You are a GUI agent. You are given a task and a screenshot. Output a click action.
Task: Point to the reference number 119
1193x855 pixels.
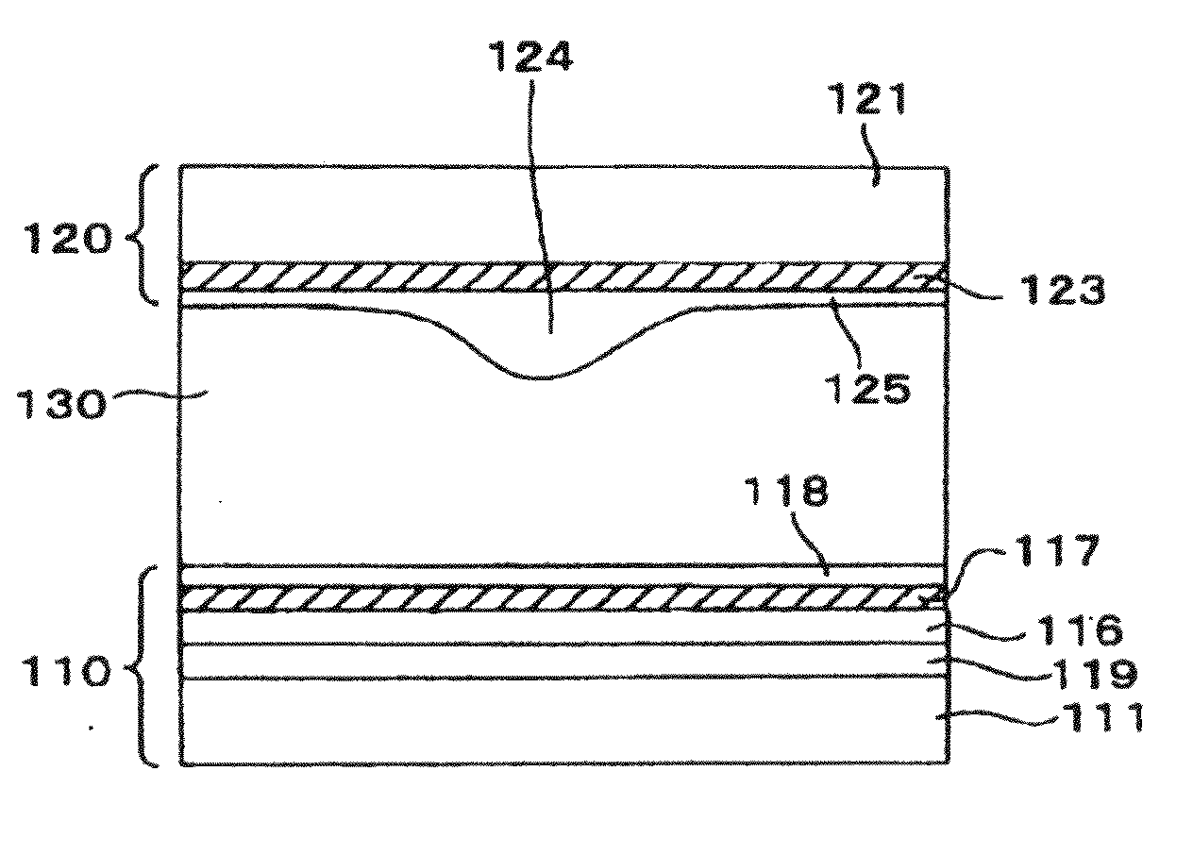coord(1086,672)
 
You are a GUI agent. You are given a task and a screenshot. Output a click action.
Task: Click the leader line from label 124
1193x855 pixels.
coord(540,189)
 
